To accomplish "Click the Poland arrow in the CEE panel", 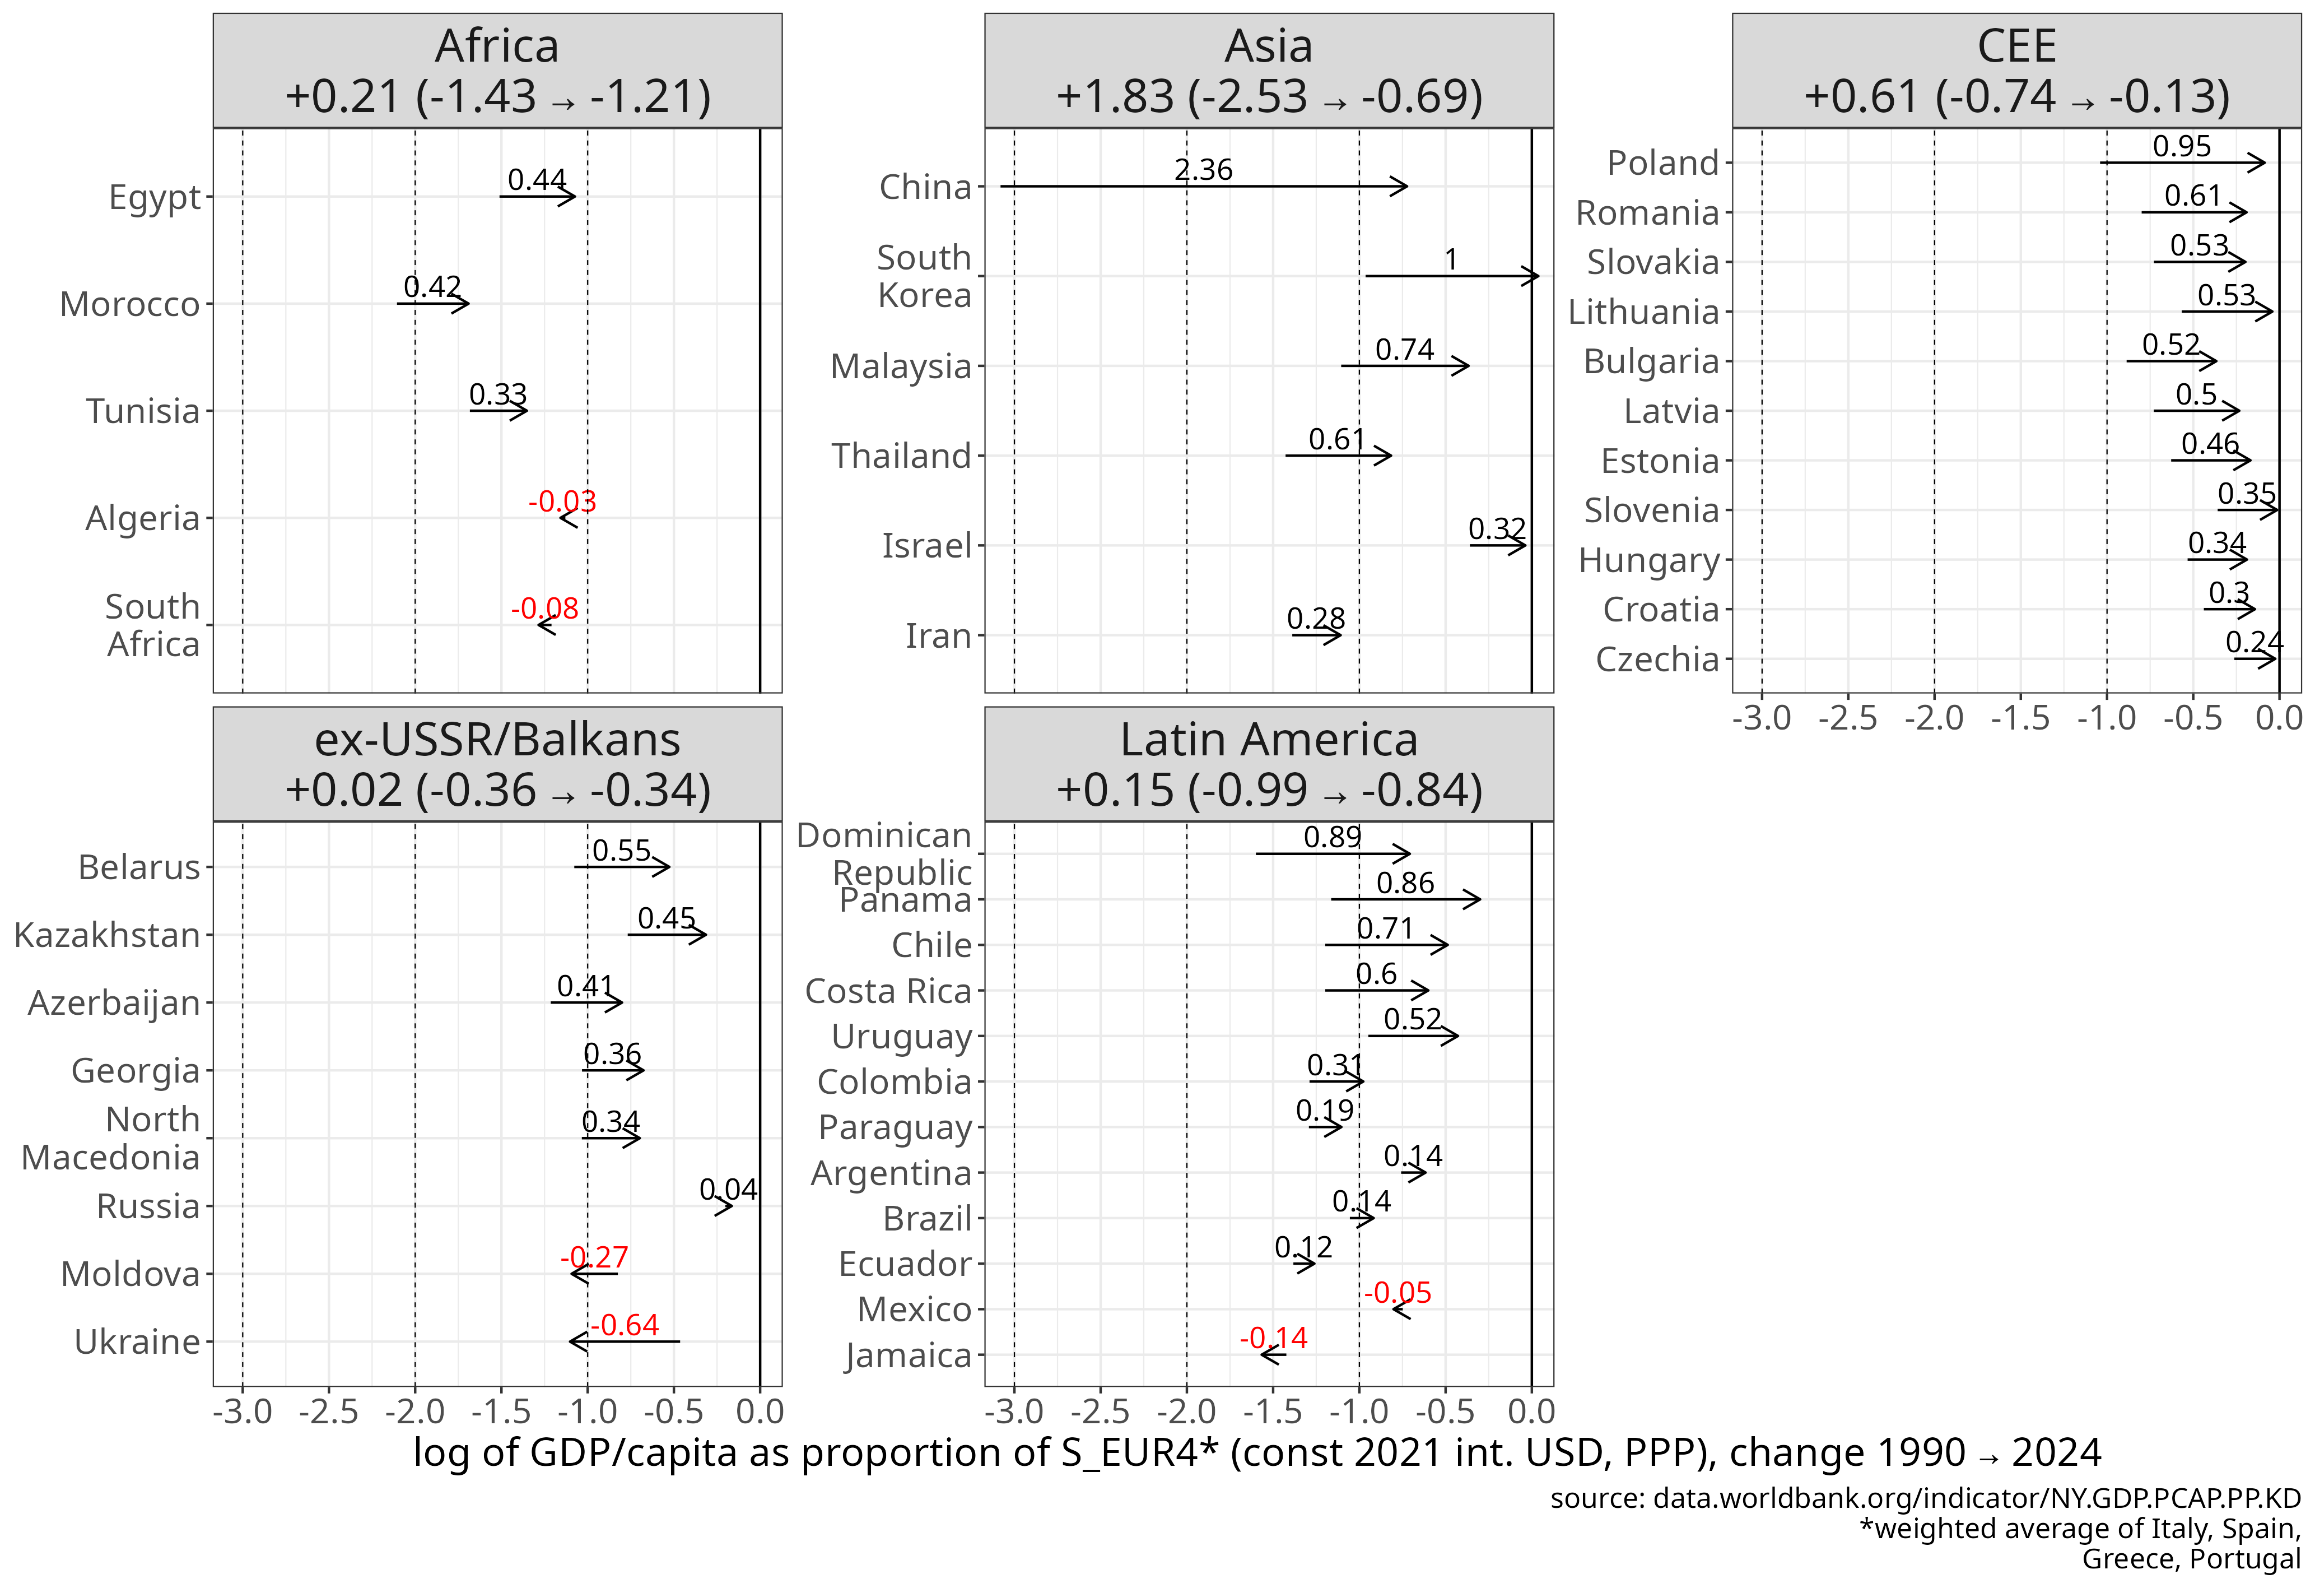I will coord(2182,162).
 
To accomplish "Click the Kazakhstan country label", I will coord(108,935).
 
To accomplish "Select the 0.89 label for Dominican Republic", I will coord(1332,837).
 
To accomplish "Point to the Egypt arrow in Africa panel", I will coord(538,196).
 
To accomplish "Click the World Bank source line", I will coord(1925,1498).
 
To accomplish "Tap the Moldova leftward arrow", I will coord(594,1274).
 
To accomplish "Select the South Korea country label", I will coord(924,276).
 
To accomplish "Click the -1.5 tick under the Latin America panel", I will coord(1273,1411).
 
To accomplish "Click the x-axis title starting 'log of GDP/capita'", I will coord(1257,1452).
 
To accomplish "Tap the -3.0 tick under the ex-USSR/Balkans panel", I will coord(243,1411).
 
